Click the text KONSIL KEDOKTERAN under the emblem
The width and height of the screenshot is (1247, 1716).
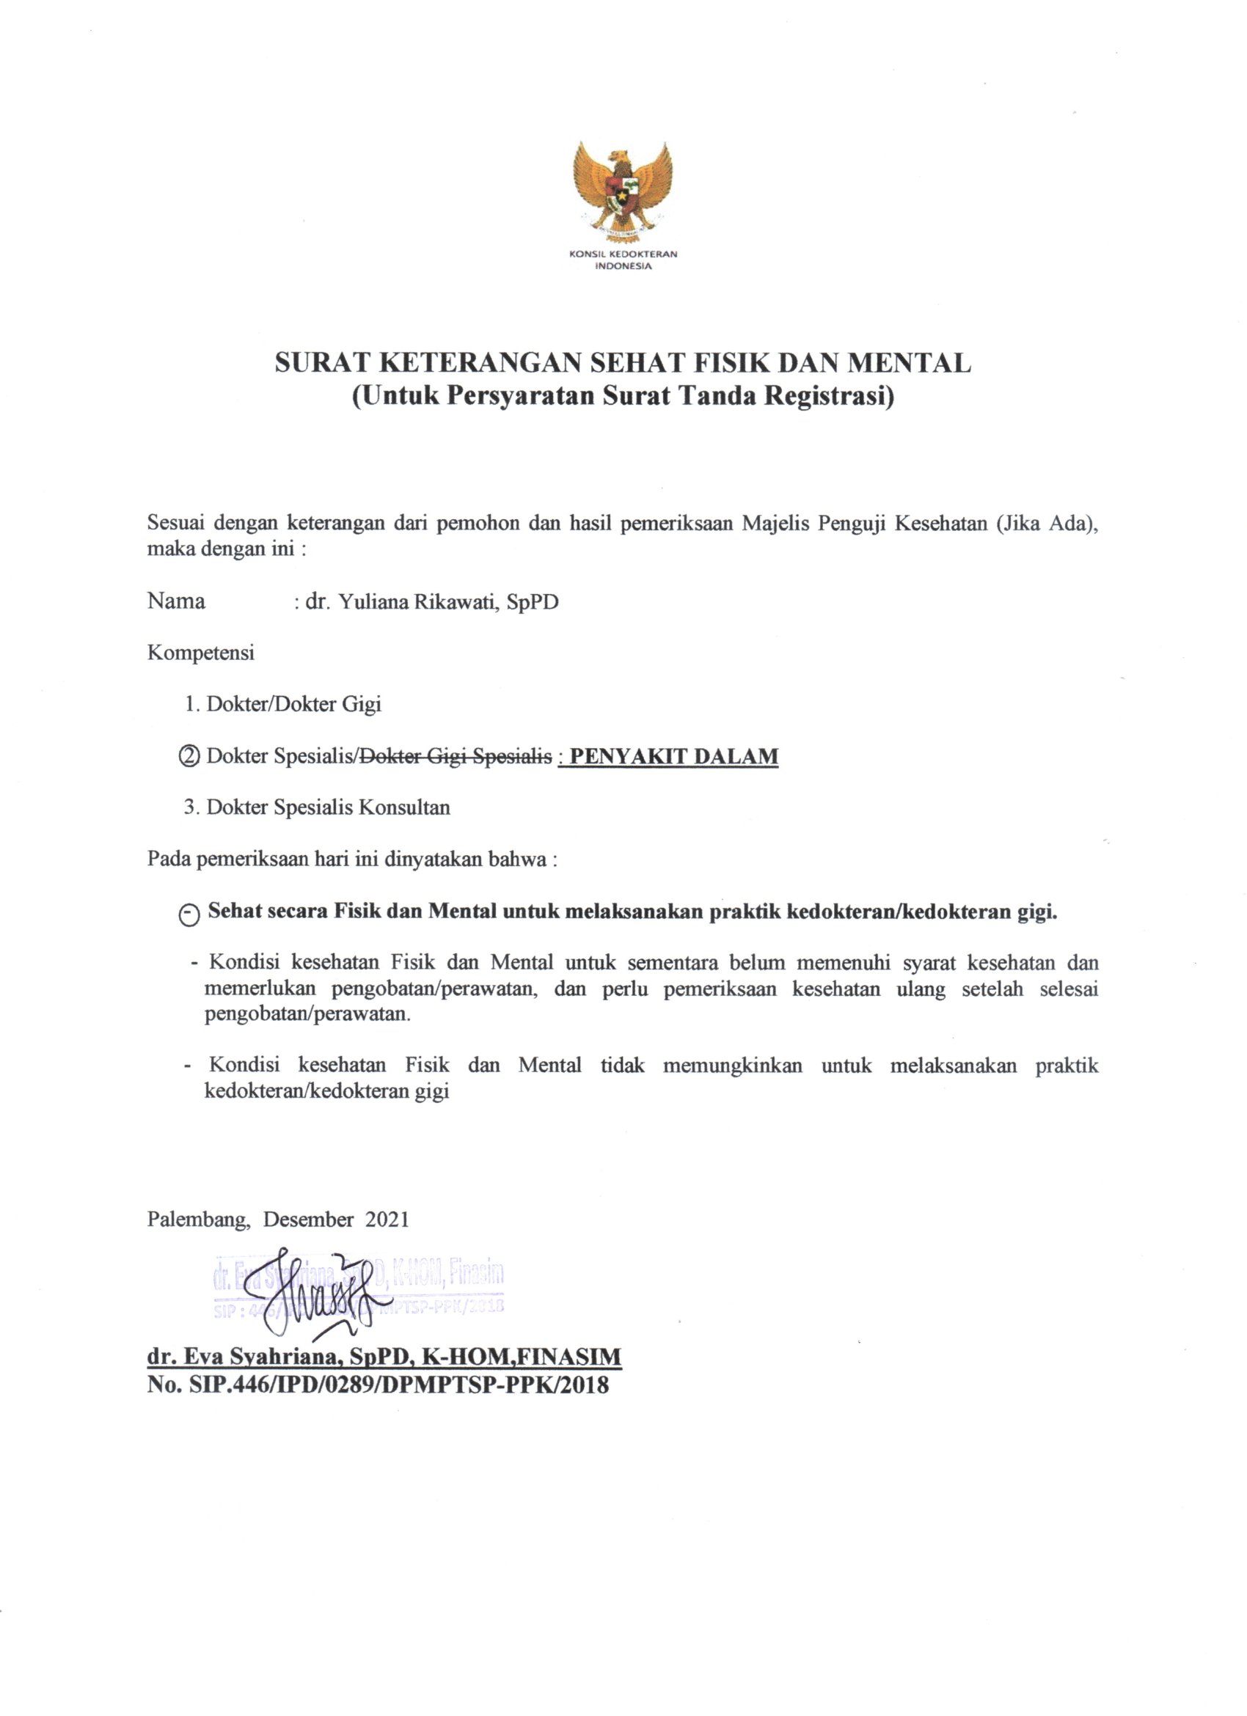tap(622, 254)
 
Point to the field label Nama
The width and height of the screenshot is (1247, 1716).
tap(176, 601)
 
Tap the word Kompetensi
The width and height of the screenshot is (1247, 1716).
tap(200, 653)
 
